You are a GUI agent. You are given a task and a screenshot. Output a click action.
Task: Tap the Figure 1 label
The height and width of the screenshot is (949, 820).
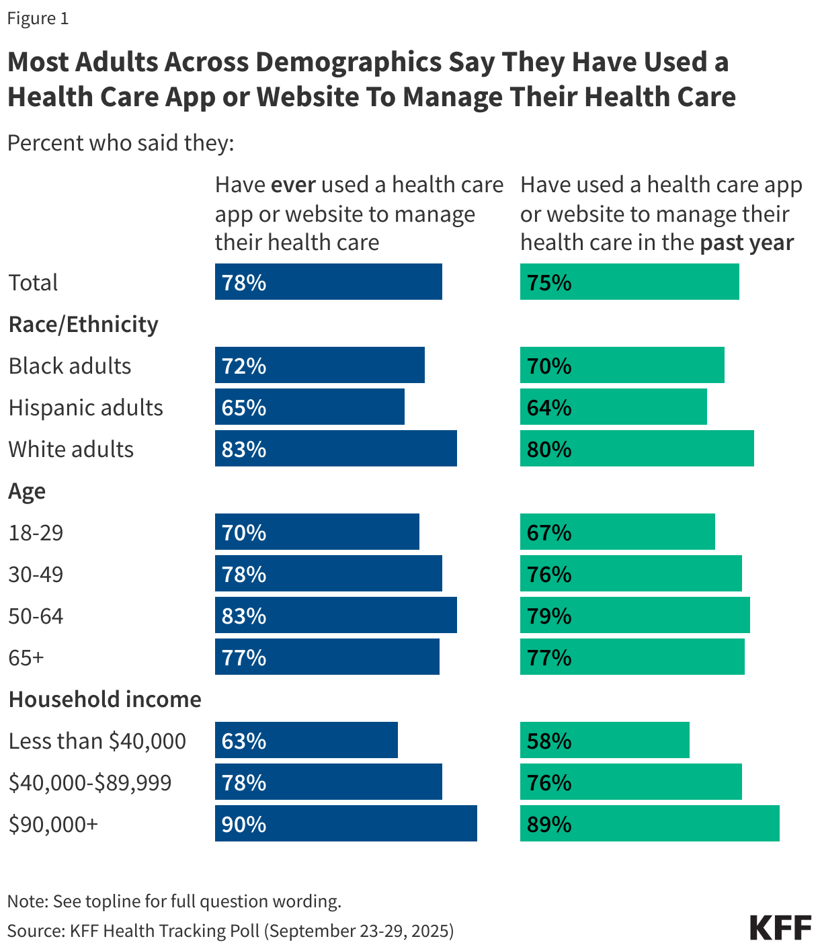pyautogui.click(x=38, y=18)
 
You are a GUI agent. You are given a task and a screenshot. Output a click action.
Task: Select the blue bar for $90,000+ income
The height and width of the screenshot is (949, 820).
pyautogui.click(x=345, y=823)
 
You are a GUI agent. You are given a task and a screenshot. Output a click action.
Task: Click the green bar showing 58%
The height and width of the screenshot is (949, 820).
pyautogui.click(x=604, y=740)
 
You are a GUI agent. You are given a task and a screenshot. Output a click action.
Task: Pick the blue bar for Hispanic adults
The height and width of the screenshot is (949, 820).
pyautogui.click(x=309, y=407)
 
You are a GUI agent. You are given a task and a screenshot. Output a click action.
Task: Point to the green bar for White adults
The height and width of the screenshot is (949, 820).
pyautogui.click(x=637, y=448)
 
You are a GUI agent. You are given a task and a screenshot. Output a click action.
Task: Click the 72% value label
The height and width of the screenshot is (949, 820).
pyautogui.click(x=244, y=366)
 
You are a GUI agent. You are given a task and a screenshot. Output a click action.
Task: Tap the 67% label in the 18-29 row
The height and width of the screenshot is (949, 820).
pyautogui.click(x=549, y=532)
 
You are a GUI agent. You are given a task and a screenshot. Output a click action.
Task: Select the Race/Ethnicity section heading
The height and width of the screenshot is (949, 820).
pyautogui.click(x=83, y=324)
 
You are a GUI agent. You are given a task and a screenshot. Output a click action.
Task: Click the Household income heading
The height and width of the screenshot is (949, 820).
pyautogui.click(x=105, y=699)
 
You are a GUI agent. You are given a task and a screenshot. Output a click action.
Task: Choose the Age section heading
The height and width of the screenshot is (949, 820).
pyautogui.click(x=27, y=491)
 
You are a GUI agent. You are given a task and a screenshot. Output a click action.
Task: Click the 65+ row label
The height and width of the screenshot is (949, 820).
pyautogui.click(x=26, y=657)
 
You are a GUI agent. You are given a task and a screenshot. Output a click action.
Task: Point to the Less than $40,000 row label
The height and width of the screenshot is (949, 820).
pyautogui.click(x=97, y=741)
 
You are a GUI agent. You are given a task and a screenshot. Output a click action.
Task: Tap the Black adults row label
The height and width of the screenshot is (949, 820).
pyautogui.click(x=70, y=366)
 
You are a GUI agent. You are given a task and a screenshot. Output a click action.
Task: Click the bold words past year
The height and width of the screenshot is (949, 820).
pyautogui.click(x=747, y=243)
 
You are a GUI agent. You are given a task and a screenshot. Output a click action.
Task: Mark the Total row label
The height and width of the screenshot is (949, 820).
pyautogui.click(x=34, y=282)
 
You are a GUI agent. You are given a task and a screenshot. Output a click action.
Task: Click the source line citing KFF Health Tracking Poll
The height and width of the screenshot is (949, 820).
pyautogui.click(x=231, y=930)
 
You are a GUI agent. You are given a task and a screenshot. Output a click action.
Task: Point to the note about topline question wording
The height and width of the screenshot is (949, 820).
pyautogui.click(x=174, y=901)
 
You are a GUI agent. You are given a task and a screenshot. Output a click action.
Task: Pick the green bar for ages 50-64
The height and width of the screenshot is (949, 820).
pyautogui.click(x=634, y=615)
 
